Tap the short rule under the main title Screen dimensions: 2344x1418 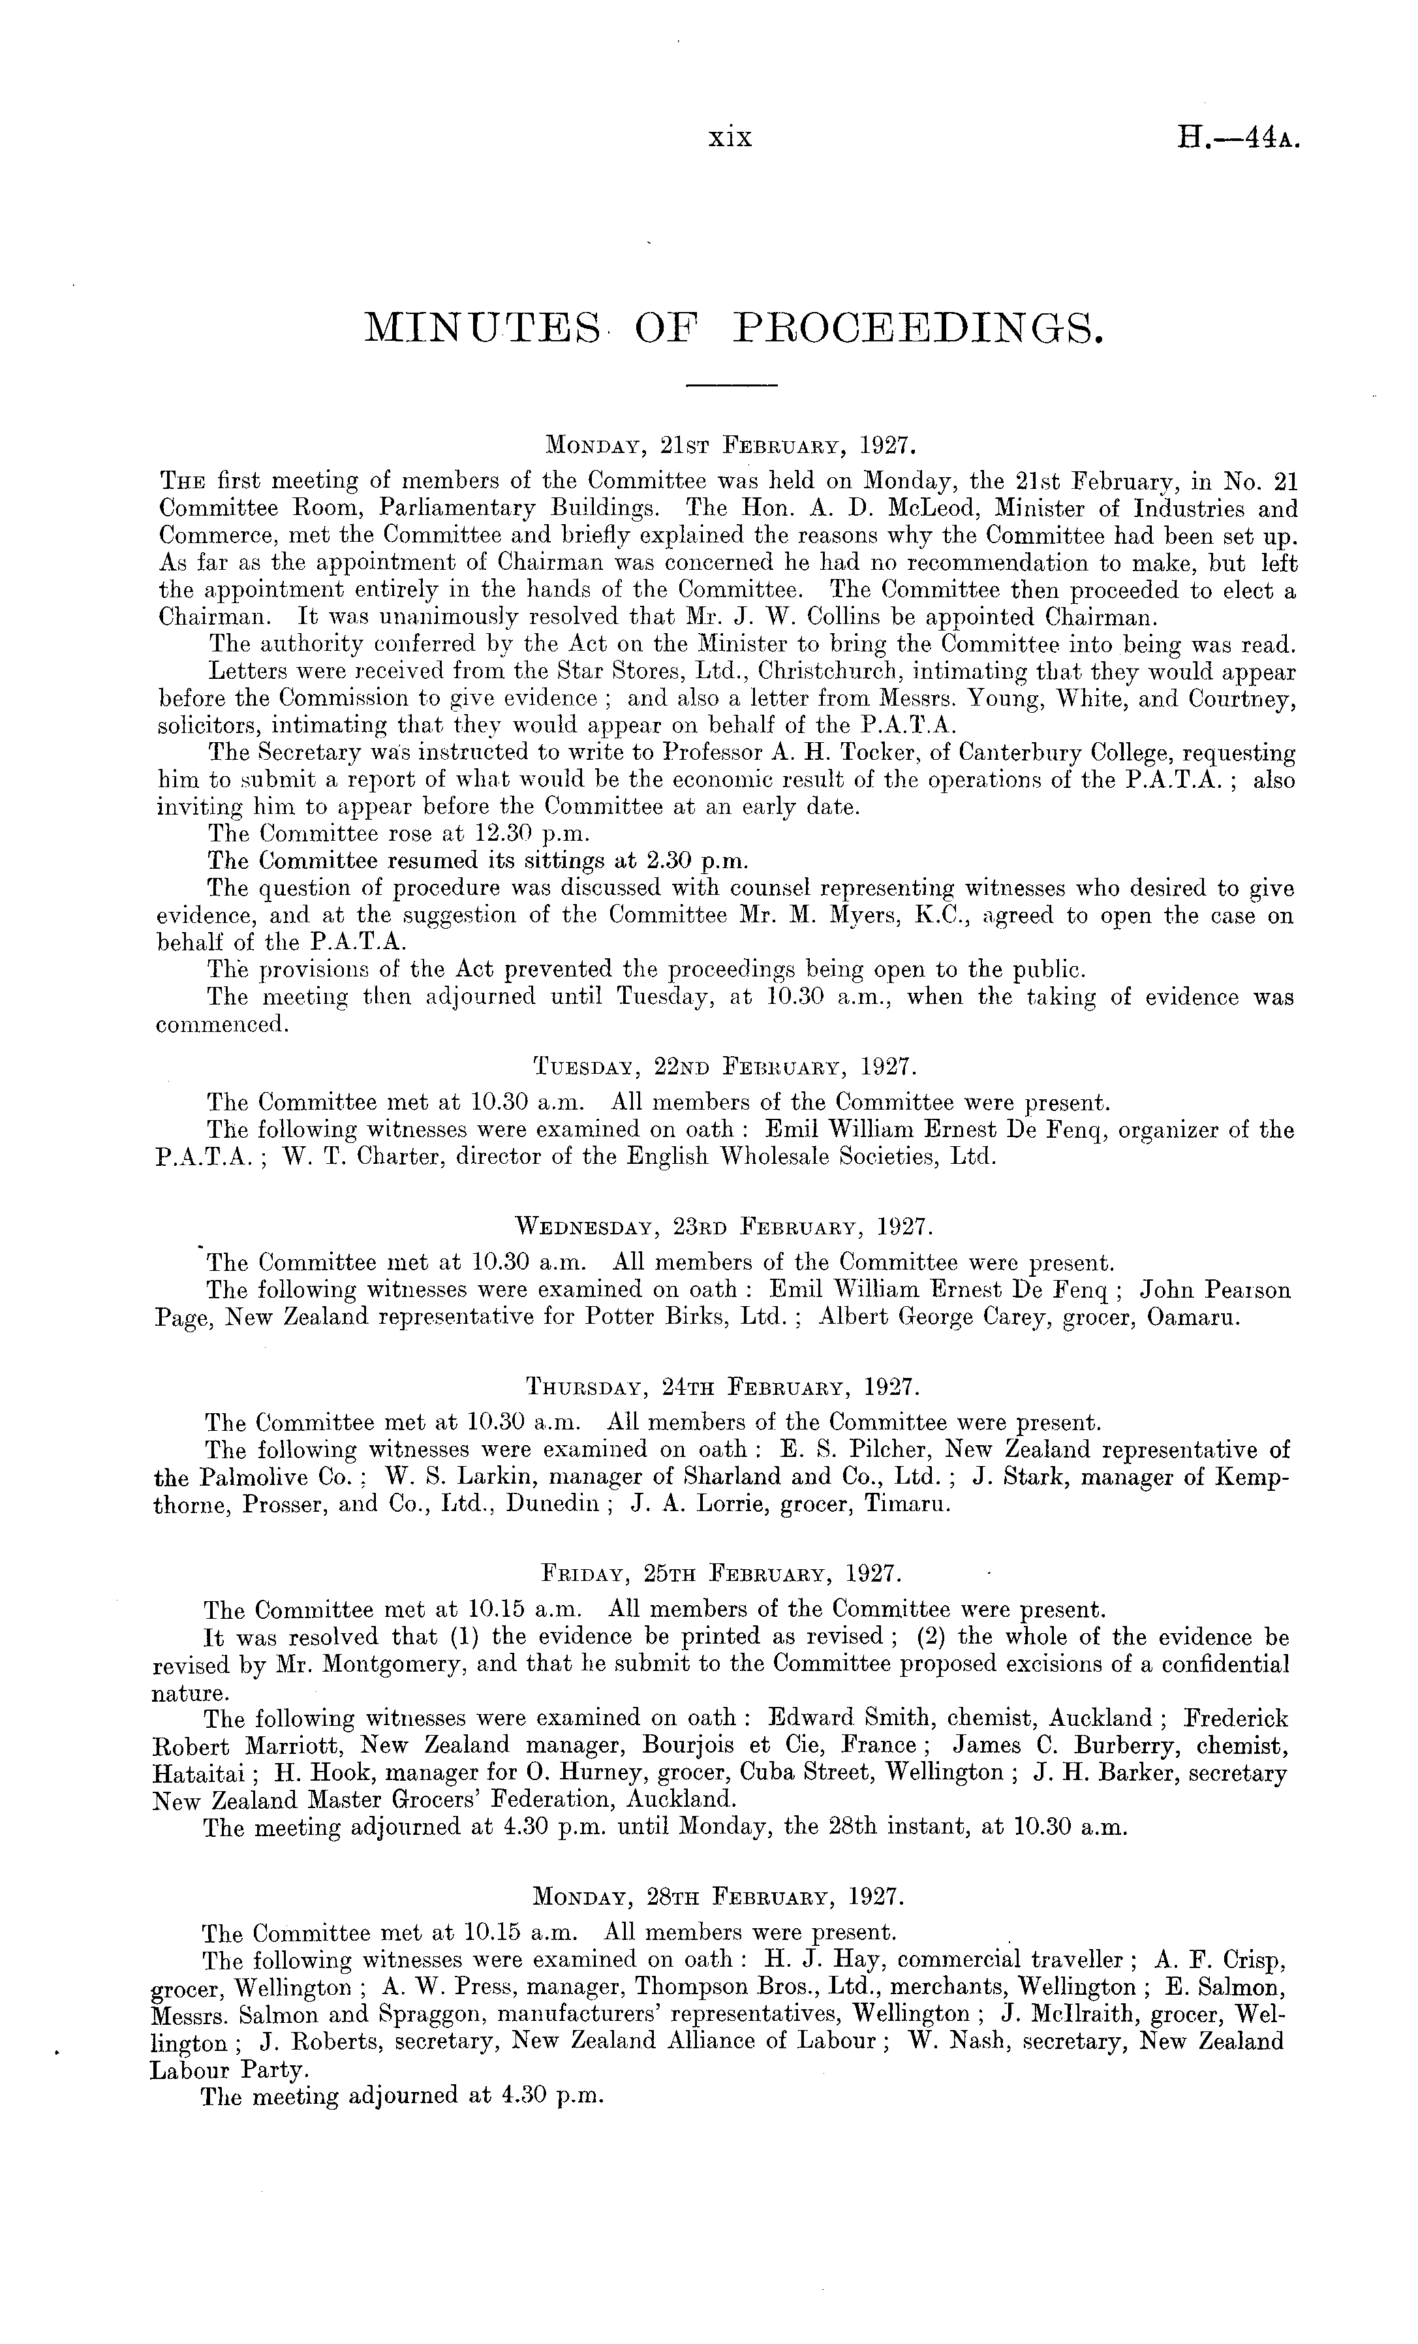(732, 385)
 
